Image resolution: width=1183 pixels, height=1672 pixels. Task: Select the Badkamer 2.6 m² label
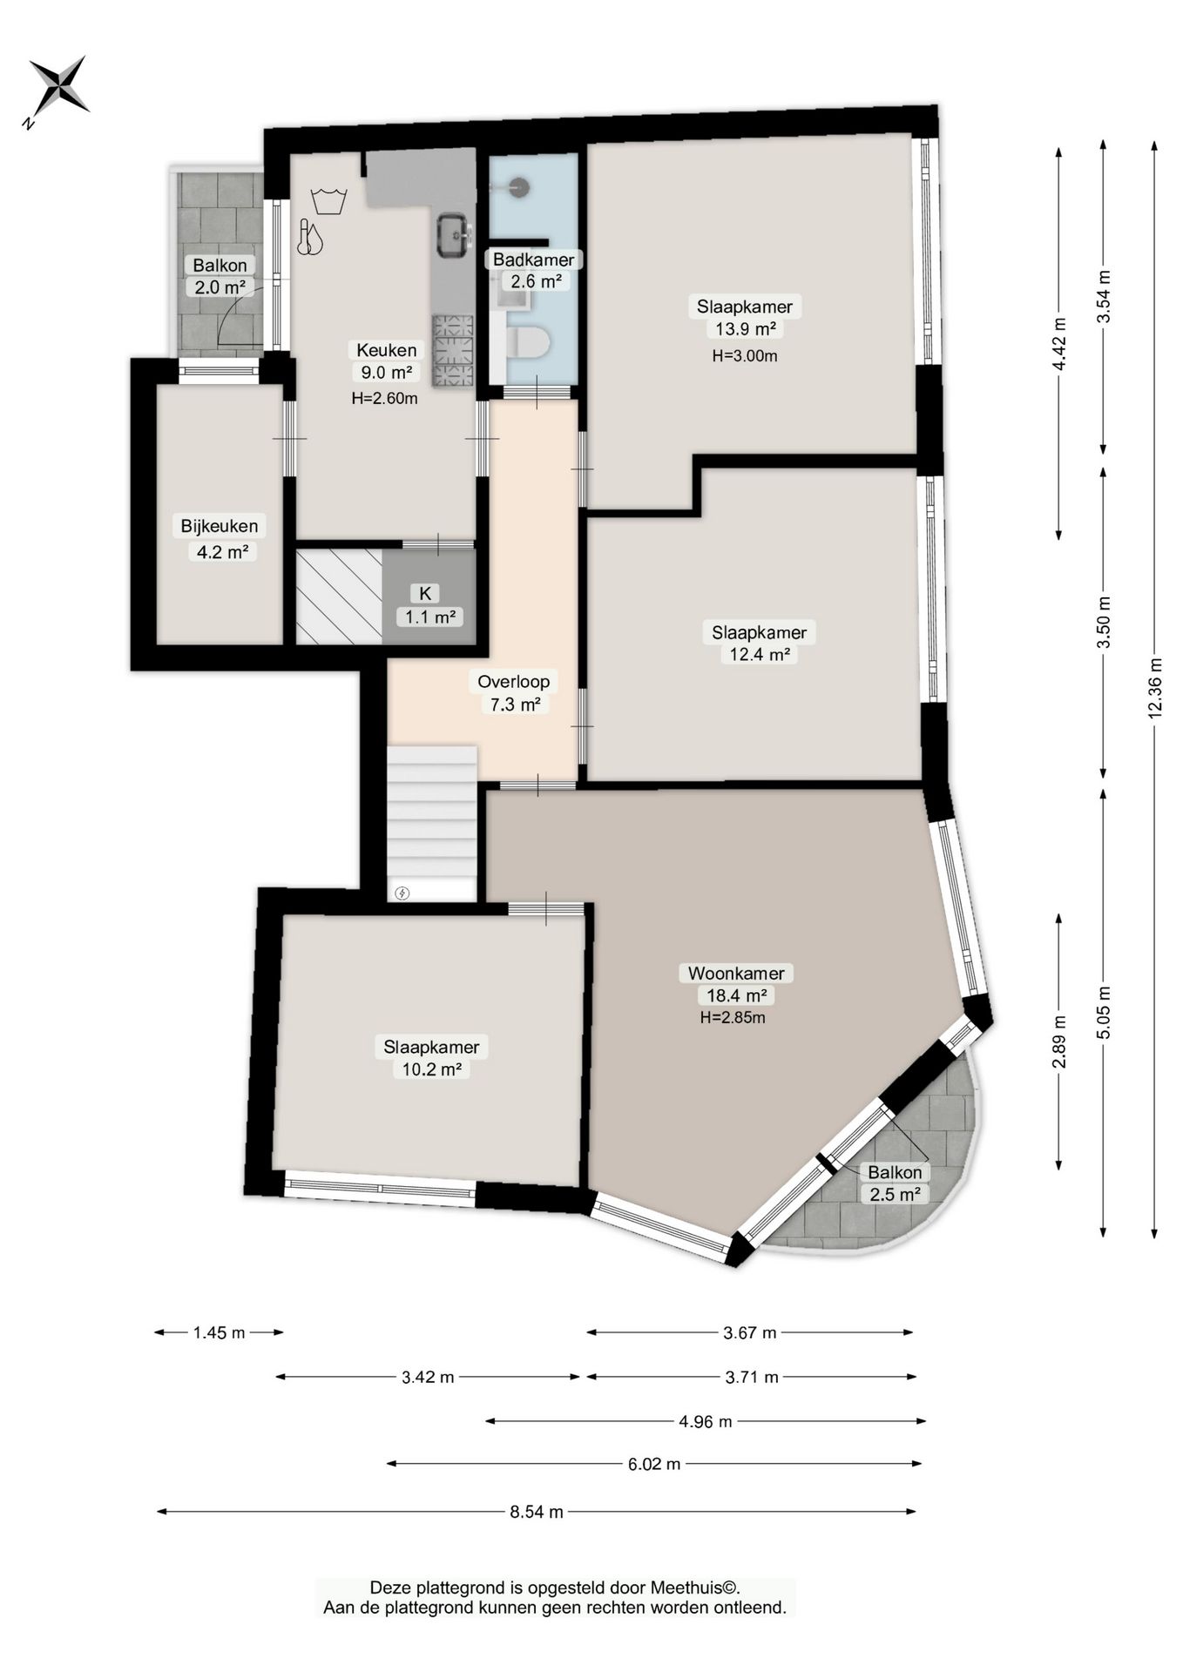coord(534,270)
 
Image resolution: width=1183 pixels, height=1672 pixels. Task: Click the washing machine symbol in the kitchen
coord(328,200)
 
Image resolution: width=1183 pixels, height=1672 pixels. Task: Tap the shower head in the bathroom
coord(519,185)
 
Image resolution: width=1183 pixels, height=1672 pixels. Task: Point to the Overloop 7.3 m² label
coord(514,693)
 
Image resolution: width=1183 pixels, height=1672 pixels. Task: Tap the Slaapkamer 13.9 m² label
coord(745,318)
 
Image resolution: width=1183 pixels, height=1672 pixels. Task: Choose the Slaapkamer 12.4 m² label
coord(759,644)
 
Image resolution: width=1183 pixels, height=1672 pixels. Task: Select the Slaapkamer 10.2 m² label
coord(431,1058)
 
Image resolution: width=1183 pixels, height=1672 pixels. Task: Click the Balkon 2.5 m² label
coord(895,1183)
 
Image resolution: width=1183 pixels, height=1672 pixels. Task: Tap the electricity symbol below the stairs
coord(402,893)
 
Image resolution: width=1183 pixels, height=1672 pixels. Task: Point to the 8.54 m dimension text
coord(537,1512)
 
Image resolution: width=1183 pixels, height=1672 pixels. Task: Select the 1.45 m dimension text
coord(220,1332)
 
